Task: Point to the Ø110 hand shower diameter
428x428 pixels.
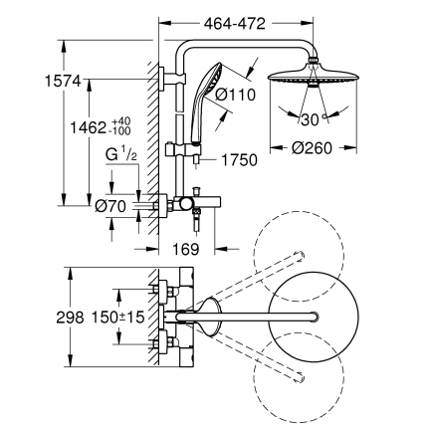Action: [241, 96]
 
